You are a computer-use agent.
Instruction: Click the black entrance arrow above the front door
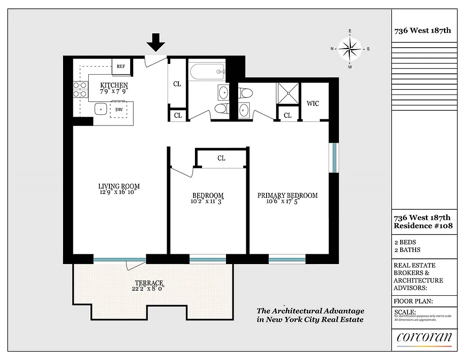tap(156, 43)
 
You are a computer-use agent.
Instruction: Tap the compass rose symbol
tap(350, 49)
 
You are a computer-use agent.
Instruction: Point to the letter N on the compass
tap(332, 49)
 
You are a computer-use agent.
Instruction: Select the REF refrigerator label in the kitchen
tap(121, 66)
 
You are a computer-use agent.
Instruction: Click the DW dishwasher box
tap(119, 109)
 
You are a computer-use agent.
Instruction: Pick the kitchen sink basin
tap(100, 109)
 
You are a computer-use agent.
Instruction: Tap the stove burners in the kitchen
tap(80, 89)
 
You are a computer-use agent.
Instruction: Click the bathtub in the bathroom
tap(207, 71)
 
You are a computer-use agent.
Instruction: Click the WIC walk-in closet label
tap(313, 103)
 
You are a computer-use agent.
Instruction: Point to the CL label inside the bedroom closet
tap(221, 158)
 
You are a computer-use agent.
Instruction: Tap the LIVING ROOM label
tap(119, 186)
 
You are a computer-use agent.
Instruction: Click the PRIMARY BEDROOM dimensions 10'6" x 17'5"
tap(282, 202)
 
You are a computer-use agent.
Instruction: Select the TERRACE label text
tap(149, 283)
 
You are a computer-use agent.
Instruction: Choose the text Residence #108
tap(423, 225)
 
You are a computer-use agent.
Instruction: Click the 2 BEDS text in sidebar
tap(405, 242)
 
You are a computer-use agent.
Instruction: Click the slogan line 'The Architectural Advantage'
tap(310, 311)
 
